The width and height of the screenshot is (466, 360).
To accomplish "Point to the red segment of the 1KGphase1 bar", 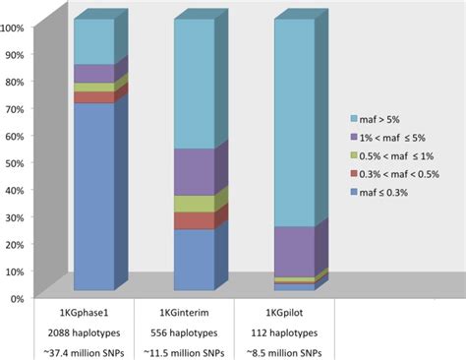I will pyautogui.click(x=94, y=97).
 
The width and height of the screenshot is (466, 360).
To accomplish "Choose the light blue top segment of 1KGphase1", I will pyautogui.click(x=94, y=41).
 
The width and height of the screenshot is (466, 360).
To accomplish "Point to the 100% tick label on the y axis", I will pyautogui.click(x=14, y=28).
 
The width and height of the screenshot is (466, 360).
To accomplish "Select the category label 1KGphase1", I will pyautogui.click(x=87, y=311).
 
